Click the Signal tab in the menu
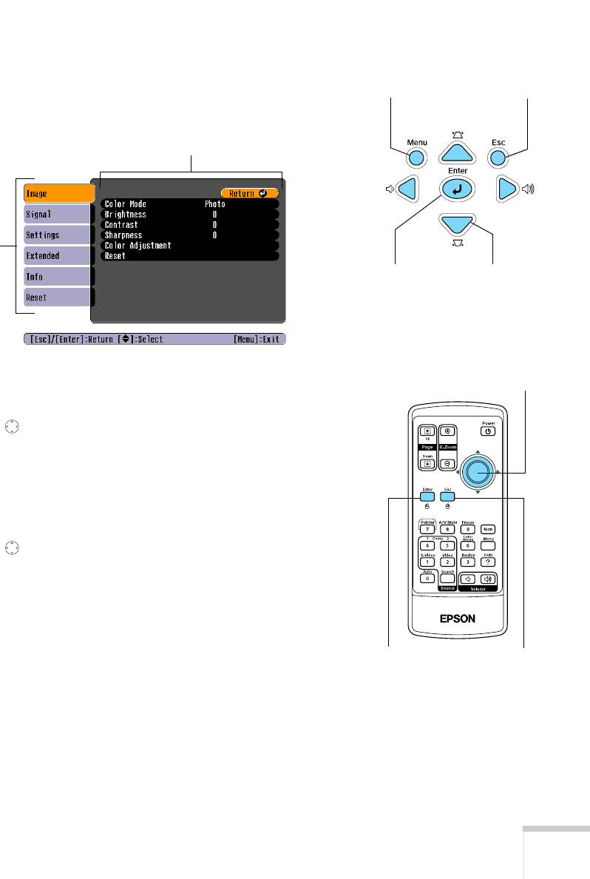[x=58, y=214]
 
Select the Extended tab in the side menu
[x=58, y=255]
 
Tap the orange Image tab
[x=58, y=193]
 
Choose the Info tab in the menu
[x=58, y=276]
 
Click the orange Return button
[x=249, y=193]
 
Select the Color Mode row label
[x=126, y=203]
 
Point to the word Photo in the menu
[x=215, y=203]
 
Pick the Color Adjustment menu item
[x=138, y=245]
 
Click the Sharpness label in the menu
[x=123, y=235]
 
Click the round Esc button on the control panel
[x=498, y=157]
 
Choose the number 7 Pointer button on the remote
[x=427, y=530]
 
